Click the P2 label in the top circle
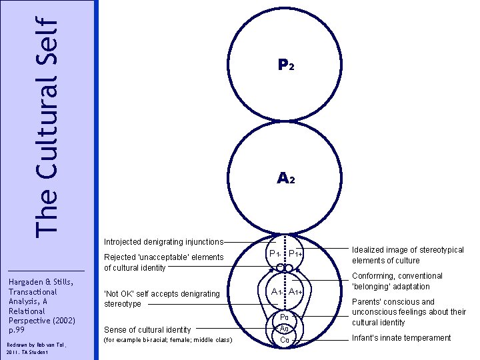click(x=285, y=65)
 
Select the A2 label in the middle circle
click(x=285, y=179)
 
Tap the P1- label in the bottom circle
click(x=274, y=253)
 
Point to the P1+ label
click(x=296, y=253)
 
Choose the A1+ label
click(x=296, y=291)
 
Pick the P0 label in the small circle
click(x=285, y=317)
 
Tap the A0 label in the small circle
click(x=285, y=329)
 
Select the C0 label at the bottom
click(x=285, y=340)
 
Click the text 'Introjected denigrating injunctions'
click(x=163, y=241)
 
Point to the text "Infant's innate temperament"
click(x=401, y=338)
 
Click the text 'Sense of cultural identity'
click(x=147, y=329)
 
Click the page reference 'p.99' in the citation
click(x=17, y=329)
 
